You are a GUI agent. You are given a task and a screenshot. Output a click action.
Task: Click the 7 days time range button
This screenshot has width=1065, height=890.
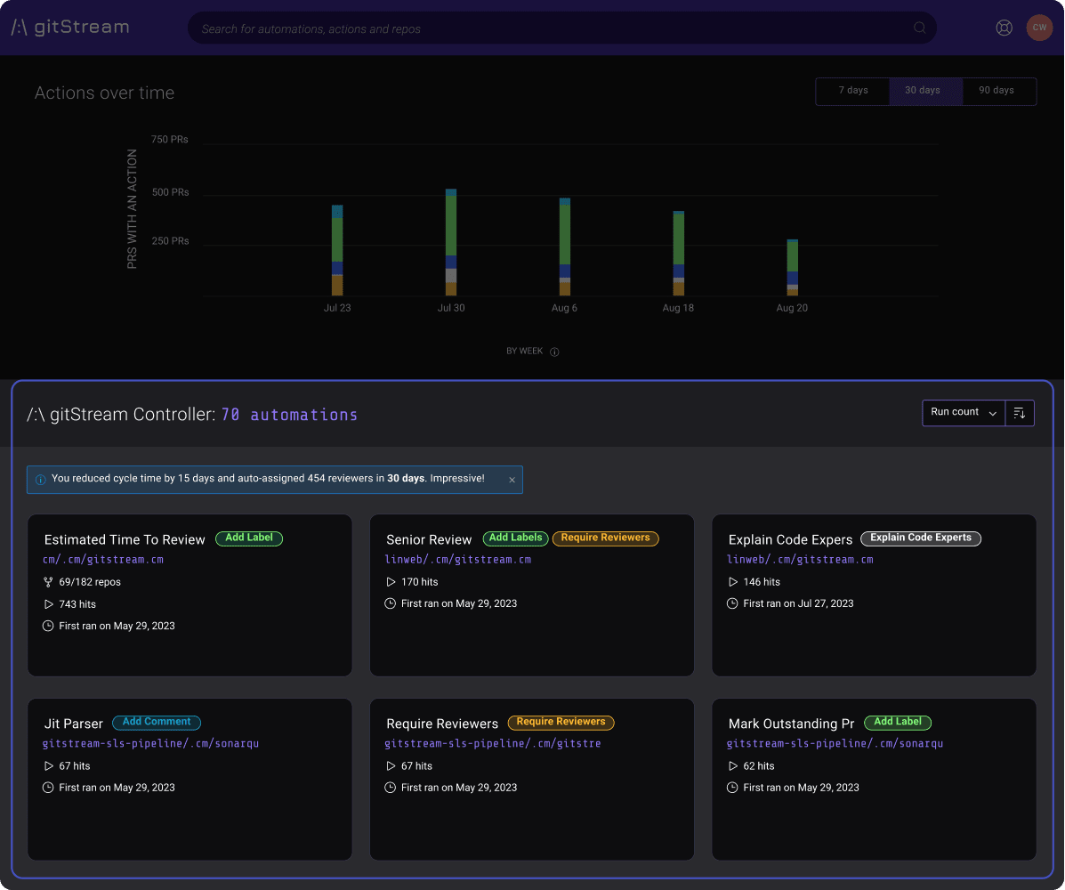852,91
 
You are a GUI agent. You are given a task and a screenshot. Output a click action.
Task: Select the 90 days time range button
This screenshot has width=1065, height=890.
996,91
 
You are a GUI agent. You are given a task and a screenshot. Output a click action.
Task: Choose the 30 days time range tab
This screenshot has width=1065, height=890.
923,91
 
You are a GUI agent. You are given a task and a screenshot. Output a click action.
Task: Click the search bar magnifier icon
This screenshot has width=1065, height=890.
919,28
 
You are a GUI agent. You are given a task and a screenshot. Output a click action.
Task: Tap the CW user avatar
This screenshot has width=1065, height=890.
1039,28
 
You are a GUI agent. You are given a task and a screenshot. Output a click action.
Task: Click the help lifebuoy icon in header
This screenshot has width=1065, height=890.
1004,28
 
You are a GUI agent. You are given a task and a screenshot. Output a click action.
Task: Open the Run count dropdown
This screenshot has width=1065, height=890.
964,412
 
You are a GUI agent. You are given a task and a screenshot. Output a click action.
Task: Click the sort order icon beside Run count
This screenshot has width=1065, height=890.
1020,413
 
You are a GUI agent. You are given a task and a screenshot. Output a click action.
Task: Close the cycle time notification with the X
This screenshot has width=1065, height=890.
512,480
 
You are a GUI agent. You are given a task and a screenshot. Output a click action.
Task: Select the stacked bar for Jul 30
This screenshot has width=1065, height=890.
451,242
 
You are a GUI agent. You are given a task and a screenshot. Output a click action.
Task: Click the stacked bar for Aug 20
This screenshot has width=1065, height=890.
792,267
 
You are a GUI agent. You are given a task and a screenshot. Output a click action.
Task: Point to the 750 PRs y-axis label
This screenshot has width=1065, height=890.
169,140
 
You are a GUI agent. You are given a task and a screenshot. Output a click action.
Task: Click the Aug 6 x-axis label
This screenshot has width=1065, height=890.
564,308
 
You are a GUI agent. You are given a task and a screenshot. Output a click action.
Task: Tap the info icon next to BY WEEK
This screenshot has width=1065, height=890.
554,352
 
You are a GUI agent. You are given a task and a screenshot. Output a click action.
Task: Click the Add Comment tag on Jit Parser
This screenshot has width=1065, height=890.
157,722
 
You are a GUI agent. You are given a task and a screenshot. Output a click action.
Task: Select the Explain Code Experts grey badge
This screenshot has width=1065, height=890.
921,538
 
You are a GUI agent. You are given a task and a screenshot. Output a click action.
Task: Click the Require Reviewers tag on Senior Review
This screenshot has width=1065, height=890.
605,538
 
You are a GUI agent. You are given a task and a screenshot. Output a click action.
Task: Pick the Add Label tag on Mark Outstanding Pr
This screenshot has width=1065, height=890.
897,722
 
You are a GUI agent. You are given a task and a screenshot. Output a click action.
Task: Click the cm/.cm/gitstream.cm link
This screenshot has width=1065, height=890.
103,560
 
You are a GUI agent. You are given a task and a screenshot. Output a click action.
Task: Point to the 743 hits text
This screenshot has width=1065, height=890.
77,604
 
